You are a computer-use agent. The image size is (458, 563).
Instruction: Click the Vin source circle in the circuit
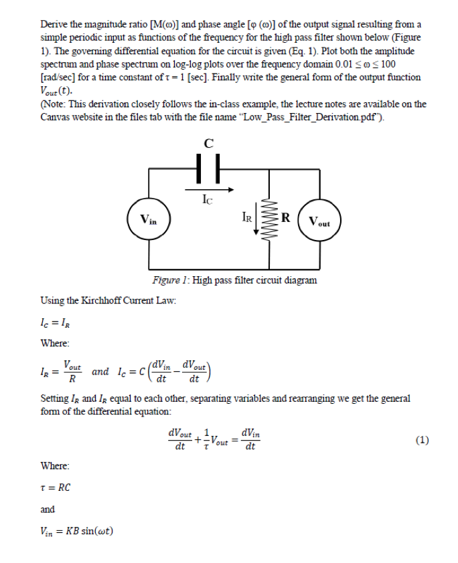coord(149,219)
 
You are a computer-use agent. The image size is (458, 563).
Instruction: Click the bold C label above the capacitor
coord(208,142)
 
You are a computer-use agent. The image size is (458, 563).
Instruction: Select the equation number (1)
coord(422,440)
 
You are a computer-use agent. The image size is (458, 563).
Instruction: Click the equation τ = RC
coord(56,487)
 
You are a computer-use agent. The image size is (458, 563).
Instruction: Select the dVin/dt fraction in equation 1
coord(249,440)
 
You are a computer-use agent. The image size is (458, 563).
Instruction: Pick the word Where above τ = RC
coord(55,465)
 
